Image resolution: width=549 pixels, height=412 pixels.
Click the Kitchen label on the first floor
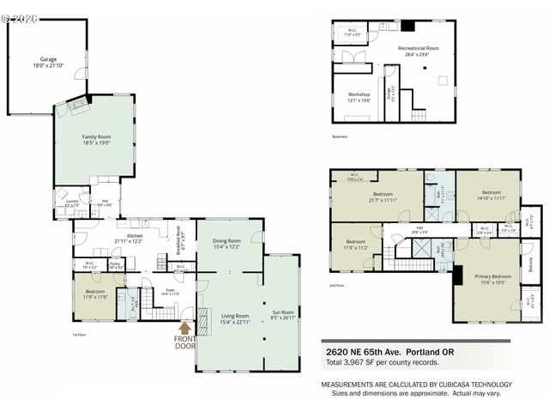(x=135, y=236)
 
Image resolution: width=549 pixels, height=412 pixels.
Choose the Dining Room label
(x=226, y=241)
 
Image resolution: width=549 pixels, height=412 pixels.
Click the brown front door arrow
(x=184, y=327)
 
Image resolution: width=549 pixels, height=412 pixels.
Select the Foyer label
(x=171, y=291)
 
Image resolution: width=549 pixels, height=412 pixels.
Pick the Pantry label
(x=116, y=265)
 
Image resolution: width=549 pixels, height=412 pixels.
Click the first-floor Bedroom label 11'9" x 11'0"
(x=95, y=296)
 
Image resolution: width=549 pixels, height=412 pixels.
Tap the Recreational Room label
(x=419, y=49)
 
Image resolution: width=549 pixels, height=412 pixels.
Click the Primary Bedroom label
(x=486, y=278)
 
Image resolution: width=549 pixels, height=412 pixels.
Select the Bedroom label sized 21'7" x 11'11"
(x=382, y=194)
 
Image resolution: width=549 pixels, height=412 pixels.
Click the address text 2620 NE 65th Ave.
(x=371, y=350)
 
